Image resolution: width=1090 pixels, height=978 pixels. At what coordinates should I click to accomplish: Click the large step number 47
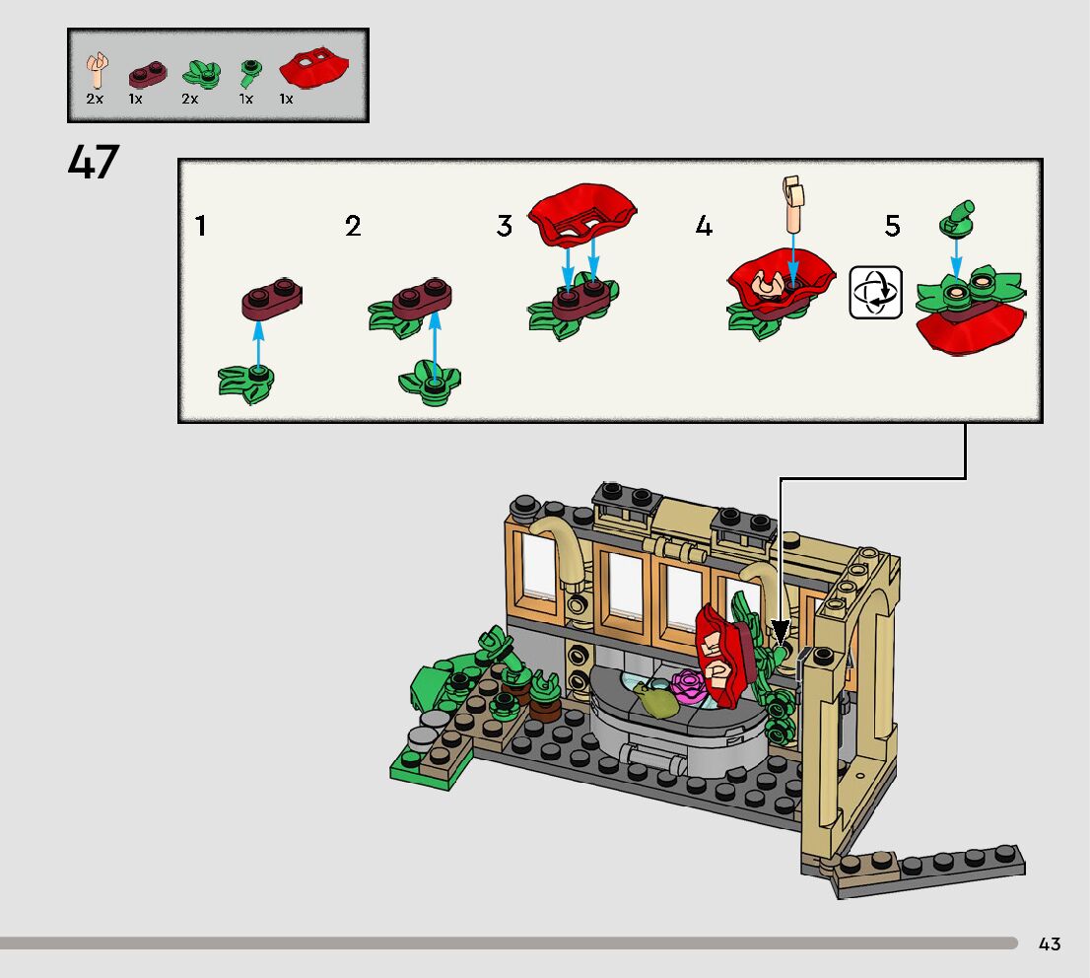point(94,163)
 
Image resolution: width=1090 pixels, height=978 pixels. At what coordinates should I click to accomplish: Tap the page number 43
point(1049,943)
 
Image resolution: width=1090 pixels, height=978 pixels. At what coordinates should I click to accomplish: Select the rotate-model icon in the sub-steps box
point(876,292)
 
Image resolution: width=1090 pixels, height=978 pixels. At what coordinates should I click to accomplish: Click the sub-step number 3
point(505,227)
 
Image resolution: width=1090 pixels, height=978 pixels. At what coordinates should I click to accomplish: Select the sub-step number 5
point(892,227)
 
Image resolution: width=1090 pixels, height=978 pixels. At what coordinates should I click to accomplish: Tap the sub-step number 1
point(201,227)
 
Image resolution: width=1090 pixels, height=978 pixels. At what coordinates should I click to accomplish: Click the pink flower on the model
point(687,682)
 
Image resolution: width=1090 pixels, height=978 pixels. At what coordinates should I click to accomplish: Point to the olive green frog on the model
point(655,698)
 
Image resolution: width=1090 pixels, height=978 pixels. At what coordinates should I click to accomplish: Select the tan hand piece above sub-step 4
point(791,203)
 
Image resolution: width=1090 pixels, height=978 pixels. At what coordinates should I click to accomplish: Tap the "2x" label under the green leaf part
point(190,100)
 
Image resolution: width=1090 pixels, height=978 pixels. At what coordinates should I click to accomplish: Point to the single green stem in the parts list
point(250,72)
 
